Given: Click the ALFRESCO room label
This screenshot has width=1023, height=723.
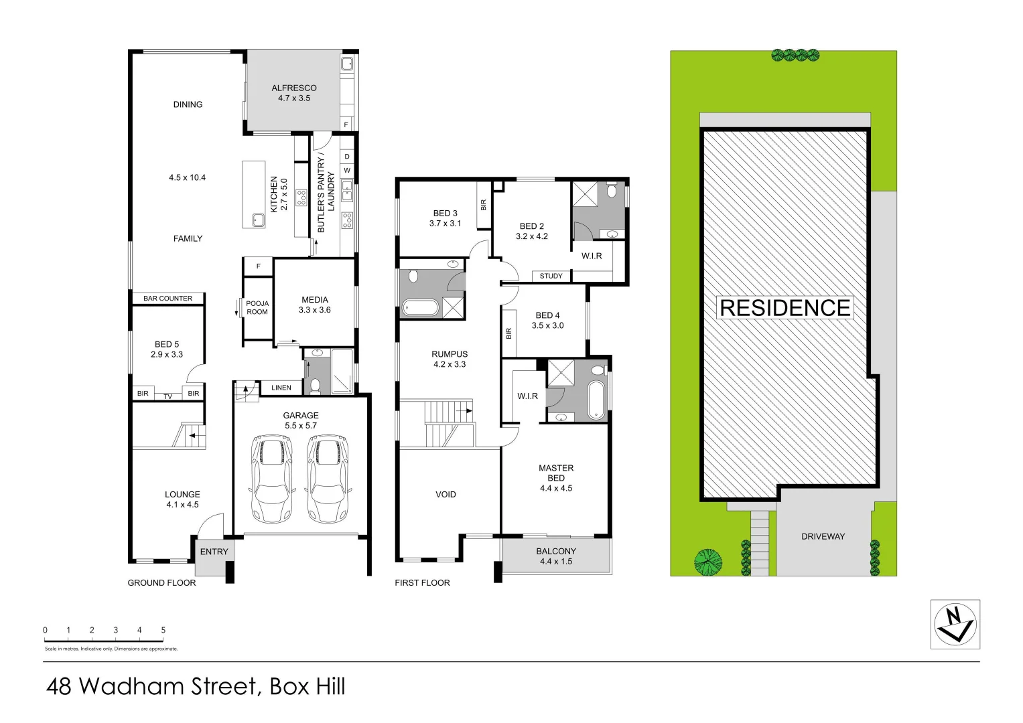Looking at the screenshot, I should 294,88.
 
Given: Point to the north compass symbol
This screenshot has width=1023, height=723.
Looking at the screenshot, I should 955,624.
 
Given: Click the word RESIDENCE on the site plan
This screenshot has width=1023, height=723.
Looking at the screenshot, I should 785,308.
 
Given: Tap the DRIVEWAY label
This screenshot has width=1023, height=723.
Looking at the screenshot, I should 823,536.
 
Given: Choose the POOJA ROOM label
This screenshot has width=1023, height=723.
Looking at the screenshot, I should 257,307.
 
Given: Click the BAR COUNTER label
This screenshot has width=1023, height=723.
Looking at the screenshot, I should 167,299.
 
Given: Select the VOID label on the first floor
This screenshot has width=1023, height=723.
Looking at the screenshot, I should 446,495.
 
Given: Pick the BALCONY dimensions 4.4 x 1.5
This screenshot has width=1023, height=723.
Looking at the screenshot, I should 556,562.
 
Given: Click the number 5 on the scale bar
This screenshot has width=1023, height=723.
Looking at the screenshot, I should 163,630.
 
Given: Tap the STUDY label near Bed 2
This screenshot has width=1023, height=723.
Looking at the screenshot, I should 551,276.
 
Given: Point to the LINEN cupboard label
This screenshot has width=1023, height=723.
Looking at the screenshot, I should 281,388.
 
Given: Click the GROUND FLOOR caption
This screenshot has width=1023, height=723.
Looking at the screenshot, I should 161,583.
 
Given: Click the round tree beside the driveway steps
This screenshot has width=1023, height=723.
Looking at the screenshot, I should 708,562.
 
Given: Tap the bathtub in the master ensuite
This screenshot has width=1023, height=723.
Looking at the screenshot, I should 596,400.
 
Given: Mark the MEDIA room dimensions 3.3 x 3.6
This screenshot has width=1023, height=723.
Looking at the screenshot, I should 314,310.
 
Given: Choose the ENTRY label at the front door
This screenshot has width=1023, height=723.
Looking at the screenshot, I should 214,552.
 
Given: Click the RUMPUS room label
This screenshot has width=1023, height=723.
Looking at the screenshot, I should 450,354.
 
